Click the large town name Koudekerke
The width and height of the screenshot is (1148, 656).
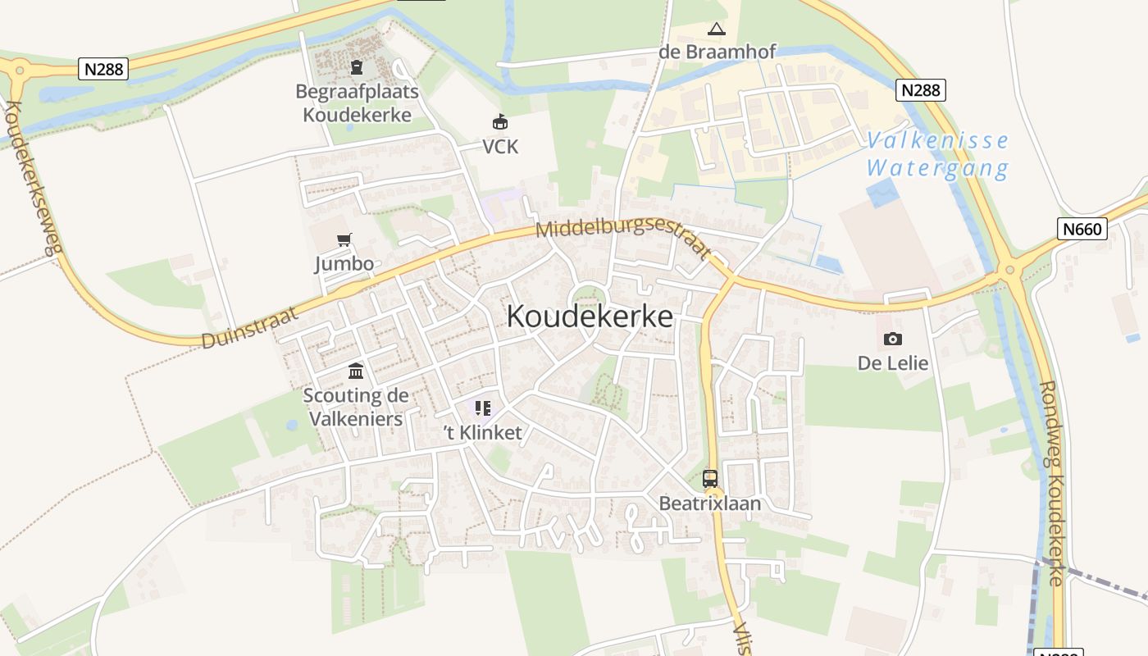point(590,317)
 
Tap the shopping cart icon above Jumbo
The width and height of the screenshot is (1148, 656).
point(344,240)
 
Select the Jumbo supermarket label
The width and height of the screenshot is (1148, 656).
point(344,264)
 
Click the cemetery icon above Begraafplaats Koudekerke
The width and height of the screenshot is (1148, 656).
point(357,67)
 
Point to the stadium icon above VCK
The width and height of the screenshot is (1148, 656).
point(500,123)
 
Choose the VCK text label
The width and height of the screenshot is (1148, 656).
point(500,147)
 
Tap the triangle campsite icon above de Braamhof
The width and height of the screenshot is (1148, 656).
point(717,30)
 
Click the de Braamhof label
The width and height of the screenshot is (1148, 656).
point(717,52)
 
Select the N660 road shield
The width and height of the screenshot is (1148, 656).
point(1082,229)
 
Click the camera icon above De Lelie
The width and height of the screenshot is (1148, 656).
point(893,339)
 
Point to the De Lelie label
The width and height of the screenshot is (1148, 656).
point(893,362)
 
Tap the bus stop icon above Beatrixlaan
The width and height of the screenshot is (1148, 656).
point(710,479)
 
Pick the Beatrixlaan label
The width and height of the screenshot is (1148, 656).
point(710,503)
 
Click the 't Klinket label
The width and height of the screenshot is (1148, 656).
point(482,433)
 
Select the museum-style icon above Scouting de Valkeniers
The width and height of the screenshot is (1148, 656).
point(356,371)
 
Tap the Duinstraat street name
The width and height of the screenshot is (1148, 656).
point(250,328)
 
